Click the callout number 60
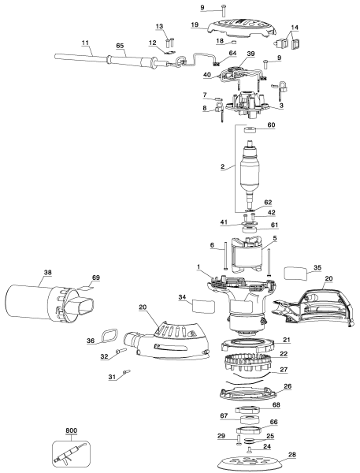tap(272, 125)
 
